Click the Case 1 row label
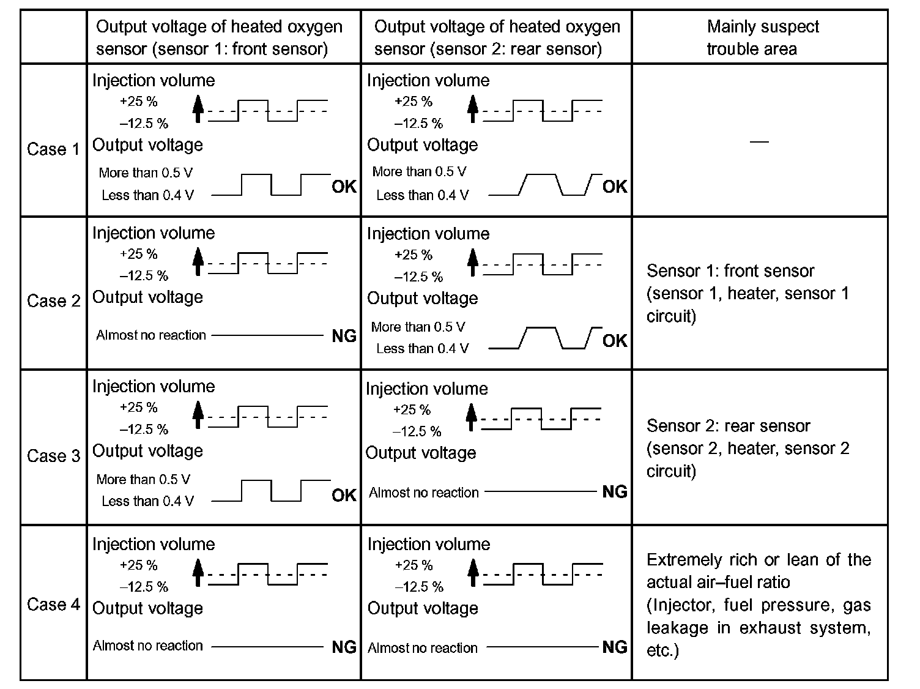(x=53, y=149)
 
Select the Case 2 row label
(x=53, y=301)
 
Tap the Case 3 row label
(x=53, y=456)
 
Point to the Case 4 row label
(x=53, y=605)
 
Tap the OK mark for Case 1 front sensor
(x=344, y=187)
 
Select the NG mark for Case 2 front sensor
(x=344, y=335)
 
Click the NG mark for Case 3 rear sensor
(x=615, y=491)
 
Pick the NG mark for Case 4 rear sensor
(x=615, y=647)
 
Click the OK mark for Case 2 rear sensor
(x=615, y=340)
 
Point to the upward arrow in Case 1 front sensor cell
(x=197, y=109)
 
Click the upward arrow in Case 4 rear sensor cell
(x=472, y=573)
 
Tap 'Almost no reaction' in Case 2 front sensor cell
(x=151, y=335)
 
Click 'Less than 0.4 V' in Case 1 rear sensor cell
(x=422, y=195)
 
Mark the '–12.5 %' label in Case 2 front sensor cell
(x=144, y=276)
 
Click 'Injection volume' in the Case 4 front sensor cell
(x=154, y=544)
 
